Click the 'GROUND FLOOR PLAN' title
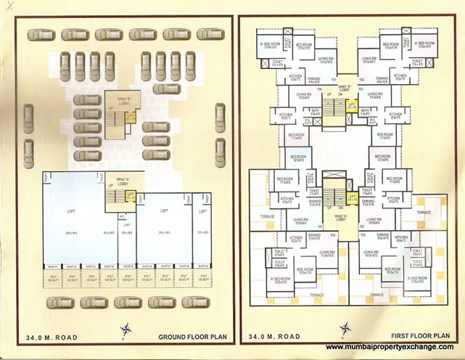[189, 336]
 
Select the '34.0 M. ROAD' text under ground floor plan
[52, 336]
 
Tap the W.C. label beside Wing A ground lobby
[123, 216]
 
